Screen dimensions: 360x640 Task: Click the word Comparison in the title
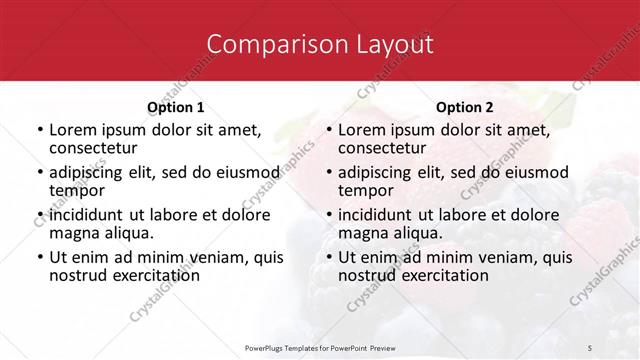pyautogui.click(x=264, y=44)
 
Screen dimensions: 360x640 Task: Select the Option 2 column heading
pyautogui.click(x=465, y=107)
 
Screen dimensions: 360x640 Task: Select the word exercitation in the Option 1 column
pyautogui.click(x=158, y=274)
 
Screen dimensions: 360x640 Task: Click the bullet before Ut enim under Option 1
pyautogui.click(x=39, y=257)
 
